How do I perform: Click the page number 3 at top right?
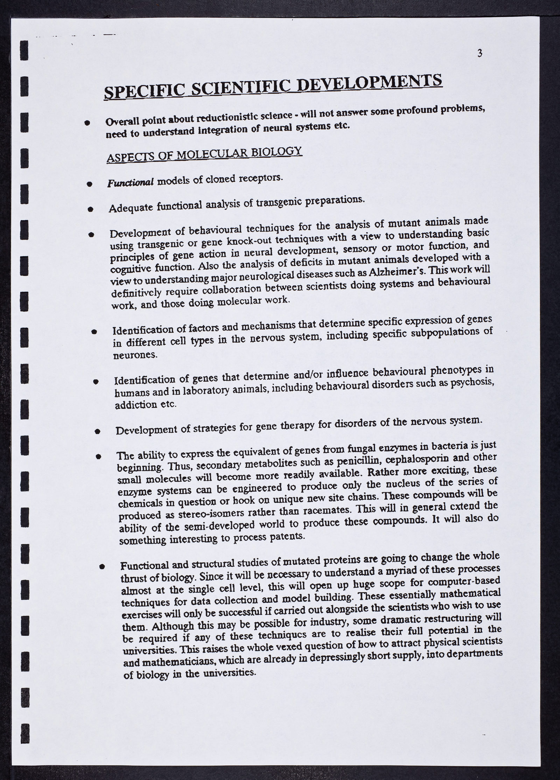(x=480, y=53)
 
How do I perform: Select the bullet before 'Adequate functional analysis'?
(x=90, y=209)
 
